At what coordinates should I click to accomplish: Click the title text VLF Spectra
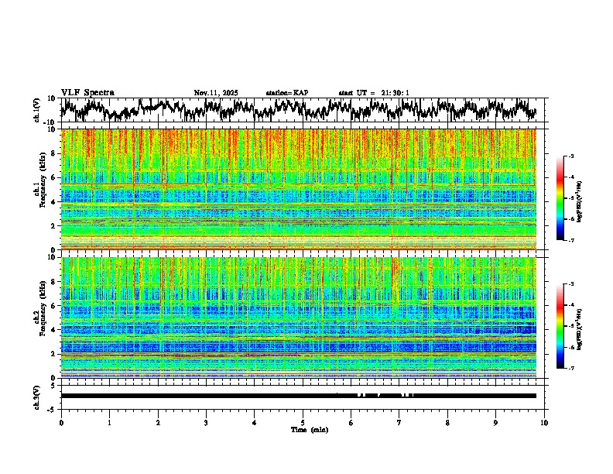click(87, 92)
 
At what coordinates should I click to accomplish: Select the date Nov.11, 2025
click(216, 93)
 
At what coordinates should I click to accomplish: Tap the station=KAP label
click(286, 93)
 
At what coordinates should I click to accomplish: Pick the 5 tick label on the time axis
click(303, 422)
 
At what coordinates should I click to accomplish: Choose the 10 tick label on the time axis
click(544, 422)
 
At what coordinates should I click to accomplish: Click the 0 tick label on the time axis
click(61, 422)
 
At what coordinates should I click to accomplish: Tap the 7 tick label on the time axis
click(399, 422)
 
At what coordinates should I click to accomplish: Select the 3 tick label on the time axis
click(206, 422)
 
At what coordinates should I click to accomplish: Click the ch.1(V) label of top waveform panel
click(37, 110)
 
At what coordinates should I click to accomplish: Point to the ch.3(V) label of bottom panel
click(37, 396)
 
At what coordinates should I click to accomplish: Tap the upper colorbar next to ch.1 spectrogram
click(560, 199)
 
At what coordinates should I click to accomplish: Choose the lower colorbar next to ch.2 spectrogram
click(560, 327)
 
